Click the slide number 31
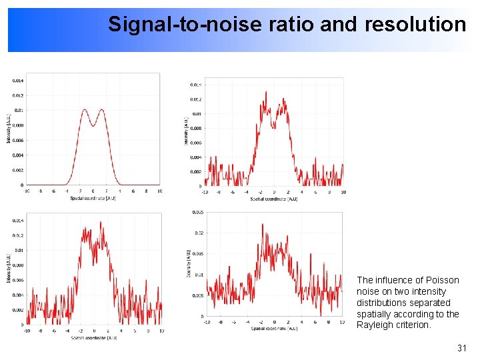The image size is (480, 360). [x=461, y=349]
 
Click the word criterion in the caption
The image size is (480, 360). [x=414, y=325]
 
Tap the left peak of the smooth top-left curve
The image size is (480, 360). [x=85, y=110]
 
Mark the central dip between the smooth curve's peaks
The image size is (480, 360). [x=93, y=125]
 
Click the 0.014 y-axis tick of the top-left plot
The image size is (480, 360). [x=17, y=81]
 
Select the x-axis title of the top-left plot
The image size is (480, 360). [x=93, y=198]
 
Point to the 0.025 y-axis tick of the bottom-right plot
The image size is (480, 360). [x=198, y=213]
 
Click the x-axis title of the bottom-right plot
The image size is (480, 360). [x=274, y=329]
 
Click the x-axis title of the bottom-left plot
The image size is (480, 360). [x=93, y=338]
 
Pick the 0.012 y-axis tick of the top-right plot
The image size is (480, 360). [x=196, y=99]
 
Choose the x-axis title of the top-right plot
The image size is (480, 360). [x=274, y=199]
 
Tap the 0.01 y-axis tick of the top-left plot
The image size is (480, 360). [x=19, y=110]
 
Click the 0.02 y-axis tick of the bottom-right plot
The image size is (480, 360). [x=199, y=233]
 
